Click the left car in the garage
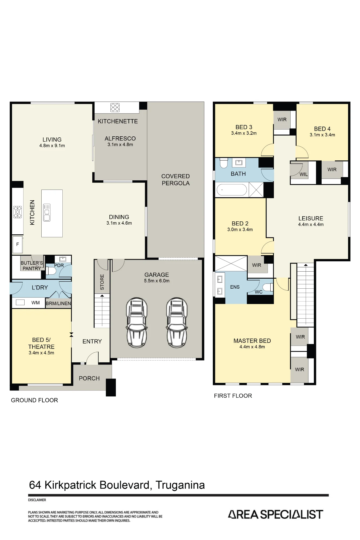(x=137, y=322)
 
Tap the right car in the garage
(x=177, y=322)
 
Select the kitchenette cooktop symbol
(x=115, y=107)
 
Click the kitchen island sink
(x=47, y=212)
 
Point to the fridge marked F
(x=18, y=245)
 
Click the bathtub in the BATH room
(x=231, y=190)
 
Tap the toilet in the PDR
(x=51, y=271)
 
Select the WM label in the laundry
(x=35, y=303)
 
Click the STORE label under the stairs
(x=102, y=282)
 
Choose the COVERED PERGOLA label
(x=176, y=180)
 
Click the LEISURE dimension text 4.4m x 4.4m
(x=311, y=224)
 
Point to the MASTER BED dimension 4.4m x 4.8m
(x=252, y=347)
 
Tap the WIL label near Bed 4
(x=304, y=174)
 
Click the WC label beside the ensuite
(x=258, y=292)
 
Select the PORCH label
(x=89, y=379)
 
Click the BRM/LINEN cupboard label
(x=58, y=303)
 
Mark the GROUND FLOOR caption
(x=35, y=400)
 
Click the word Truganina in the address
(x=180, y=485)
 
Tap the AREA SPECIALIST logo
(x=275, y=515)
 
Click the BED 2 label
(x=240, y=224)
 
